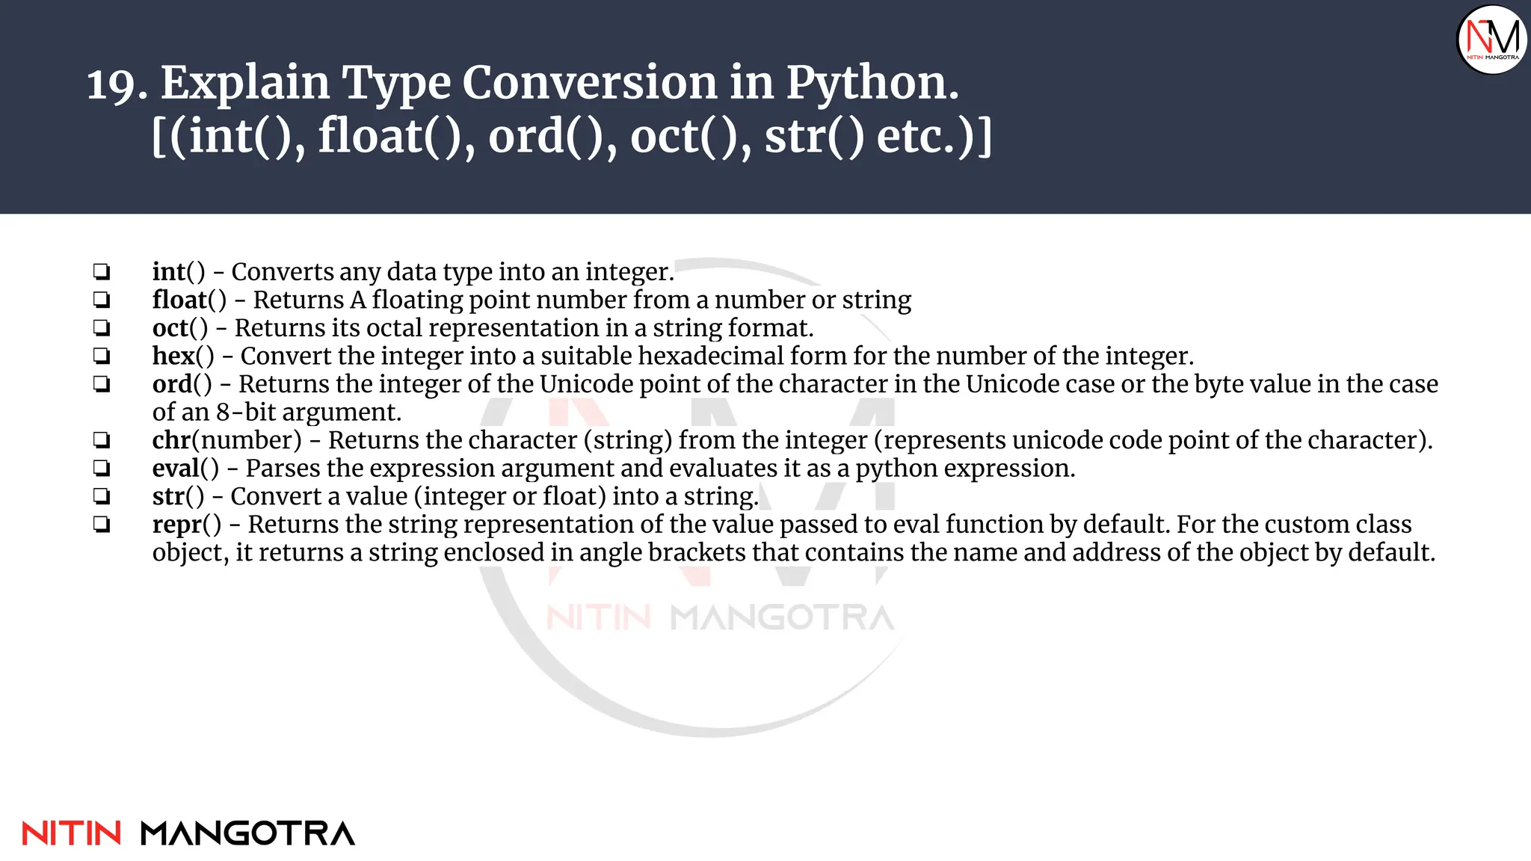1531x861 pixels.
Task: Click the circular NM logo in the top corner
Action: tap(1492, 39)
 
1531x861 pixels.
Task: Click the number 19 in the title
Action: tap(117, 84)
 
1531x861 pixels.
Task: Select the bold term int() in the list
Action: tap(178, 272)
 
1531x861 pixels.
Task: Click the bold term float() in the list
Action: tap(188, 300)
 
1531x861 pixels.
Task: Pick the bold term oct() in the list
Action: tap(179, 328)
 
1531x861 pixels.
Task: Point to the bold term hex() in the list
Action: tap(182, 356)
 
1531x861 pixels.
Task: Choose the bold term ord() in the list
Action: tap(182, 384)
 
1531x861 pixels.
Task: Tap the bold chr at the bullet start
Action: tap(171, 440)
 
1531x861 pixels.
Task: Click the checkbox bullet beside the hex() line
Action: tap(102, 356)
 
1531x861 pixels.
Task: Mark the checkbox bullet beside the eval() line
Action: tap(102, 469)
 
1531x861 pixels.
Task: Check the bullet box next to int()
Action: tap(102, 271)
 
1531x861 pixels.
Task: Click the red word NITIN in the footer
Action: tap(72, 833)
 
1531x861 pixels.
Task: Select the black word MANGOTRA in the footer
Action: tap(247, 833)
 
